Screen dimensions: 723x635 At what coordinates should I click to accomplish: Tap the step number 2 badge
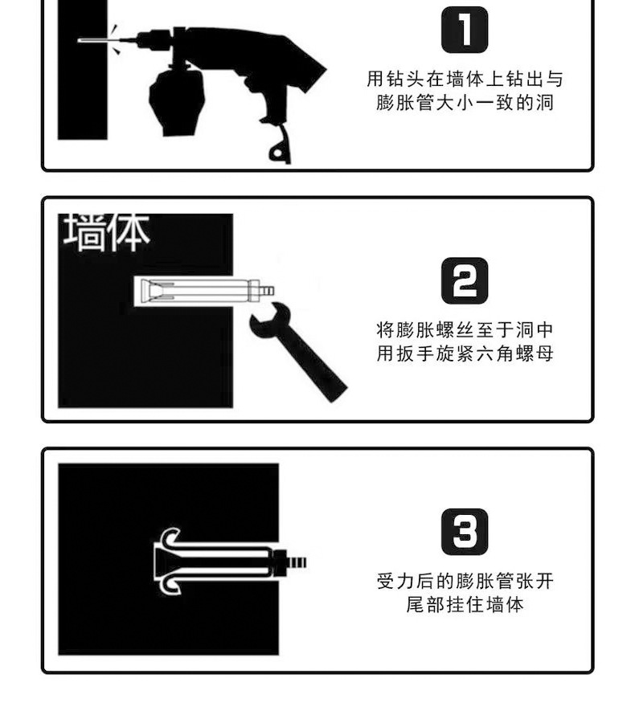[x=465, y=280]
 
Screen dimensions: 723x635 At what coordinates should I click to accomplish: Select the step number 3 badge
[x=465, y=531]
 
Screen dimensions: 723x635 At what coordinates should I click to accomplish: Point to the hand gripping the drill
[x=174, y=100]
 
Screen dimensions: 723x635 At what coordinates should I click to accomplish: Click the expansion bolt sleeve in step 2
[x=193, y=290]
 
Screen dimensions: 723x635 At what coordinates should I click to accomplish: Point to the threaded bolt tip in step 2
[x=266, y=288]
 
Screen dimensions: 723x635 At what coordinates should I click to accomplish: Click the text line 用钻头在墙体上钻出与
[x=465, y=79]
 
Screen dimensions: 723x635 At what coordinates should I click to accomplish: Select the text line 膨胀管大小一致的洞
[x=465, y=104]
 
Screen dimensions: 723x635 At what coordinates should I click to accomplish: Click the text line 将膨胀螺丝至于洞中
[x=465, y=329]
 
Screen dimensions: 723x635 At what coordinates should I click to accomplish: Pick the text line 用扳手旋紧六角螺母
[x=465, y=353]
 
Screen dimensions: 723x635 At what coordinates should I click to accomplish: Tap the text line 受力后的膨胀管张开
[x=465, y=580]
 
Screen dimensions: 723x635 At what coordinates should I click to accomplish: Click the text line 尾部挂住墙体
[x=465, y=604]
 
